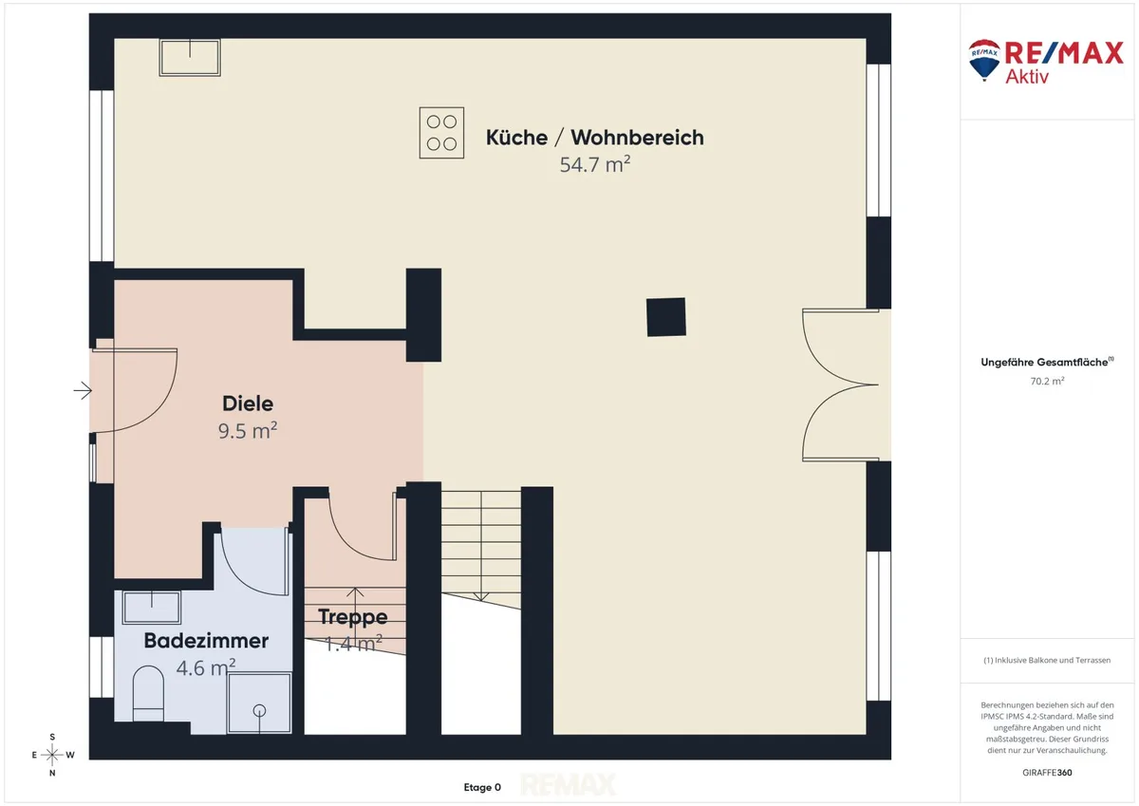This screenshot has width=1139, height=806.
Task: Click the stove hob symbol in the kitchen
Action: click(x=441, y=133)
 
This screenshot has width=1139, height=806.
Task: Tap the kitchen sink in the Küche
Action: click(x=190, y=58)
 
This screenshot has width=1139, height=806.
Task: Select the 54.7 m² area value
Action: click(x=595, y=164)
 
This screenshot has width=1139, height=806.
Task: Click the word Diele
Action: click(x=248, y=403)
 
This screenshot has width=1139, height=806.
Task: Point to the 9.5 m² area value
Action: click(x=248, y=431)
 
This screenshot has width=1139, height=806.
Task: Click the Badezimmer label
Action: click(x=206, y=640)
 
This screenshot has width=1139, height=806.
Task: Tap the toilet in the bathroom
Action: click(x=148, y=693)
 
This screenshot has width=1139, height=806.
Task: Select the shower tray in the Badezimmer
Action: click(x=259, y=703)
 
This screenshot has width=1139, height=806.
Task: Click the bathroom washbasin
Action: click(x=152, y=608)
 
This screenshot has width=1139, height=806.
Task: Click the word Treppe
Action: click(x=353, y=616)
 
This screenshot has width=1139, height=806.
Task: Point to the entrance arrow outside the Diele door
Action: click(x=83, y=390)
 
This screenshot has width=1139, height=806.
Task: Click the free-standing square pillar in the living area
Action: click(x=666, y=317)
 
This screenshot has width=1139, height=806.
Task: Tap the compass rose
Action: click(x=52, y=755)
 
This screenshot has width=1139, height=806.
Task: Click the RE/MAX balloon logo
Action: click(x=984, y=60)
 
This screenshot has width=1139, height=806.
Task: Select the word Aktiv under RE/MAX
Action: click(x=1027, y=77)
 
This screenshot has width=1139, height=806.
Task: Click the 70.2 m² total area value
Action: click(x=1047, y=381)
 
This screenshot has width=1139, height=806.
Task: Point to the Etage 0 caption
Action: click(x=482, y=787)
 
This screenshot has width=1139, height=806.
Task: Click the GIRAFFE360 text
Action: click(x=1047, y=773)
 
